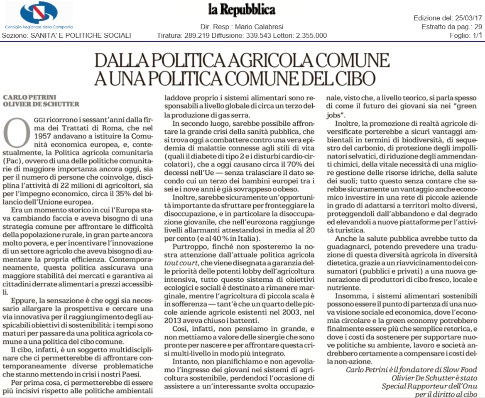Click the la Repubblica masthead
tap(242, 10)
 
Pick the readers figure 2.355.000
tap(311, 35)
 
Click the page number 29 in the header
tap(478, 27)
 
